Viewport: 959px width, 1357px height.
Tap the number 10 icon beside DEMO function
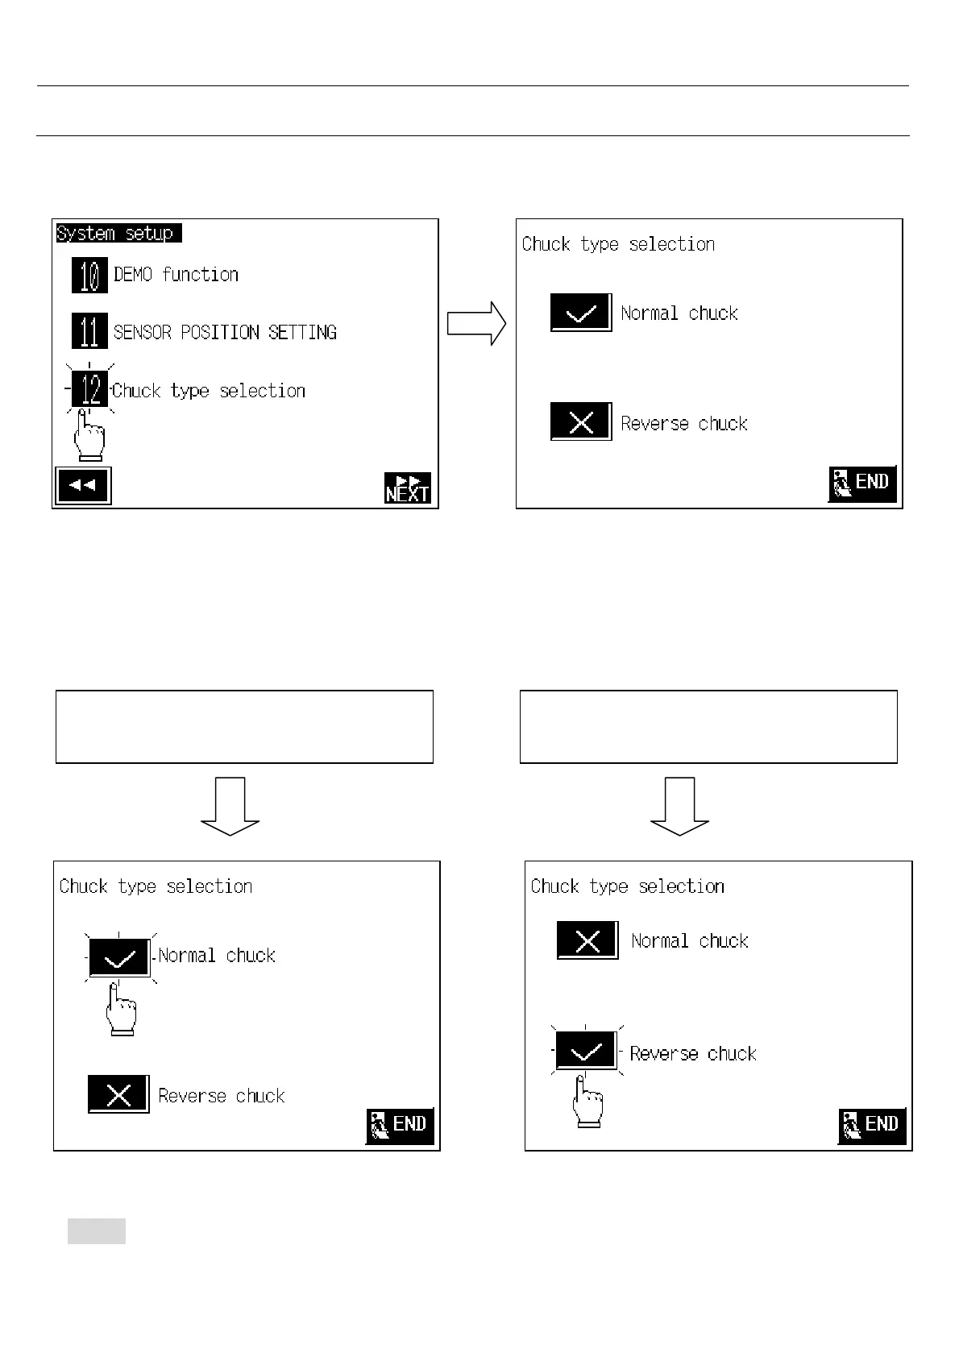tap(89, 275)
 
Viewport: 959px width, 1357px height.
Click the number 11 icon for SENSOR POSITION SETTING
tap(89, 331)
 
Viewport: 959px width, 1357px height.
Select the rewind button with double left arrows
tap(83, 486)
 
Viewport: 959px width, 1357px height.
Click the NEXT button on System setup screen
tap(408, 488)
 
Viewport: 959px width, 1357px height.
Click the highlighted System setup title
tap(118, 234)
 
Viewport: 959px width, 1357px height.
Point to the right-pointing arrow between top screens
tap(477, 324)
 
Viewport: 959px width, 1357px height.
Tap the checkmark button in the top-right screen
tap(581, 313)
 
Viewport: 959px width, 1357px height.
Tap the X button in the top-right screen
tap(581, 421)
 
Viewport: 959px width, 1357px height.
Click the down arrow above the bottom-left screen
tap(230, 806)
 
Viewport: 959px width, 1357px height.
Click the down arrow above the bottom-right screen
tap(680, 806)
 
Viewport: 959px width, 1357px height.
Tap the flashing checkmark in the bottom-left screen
tap(119, 957)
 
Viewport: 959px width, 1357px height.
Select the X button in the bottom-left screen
tap(118, 1094)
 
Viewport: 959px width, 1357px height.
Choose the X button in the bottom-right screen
tap(588, 940)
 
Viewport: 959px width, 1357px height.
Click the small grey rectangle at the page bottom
tap(97, 1231)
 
